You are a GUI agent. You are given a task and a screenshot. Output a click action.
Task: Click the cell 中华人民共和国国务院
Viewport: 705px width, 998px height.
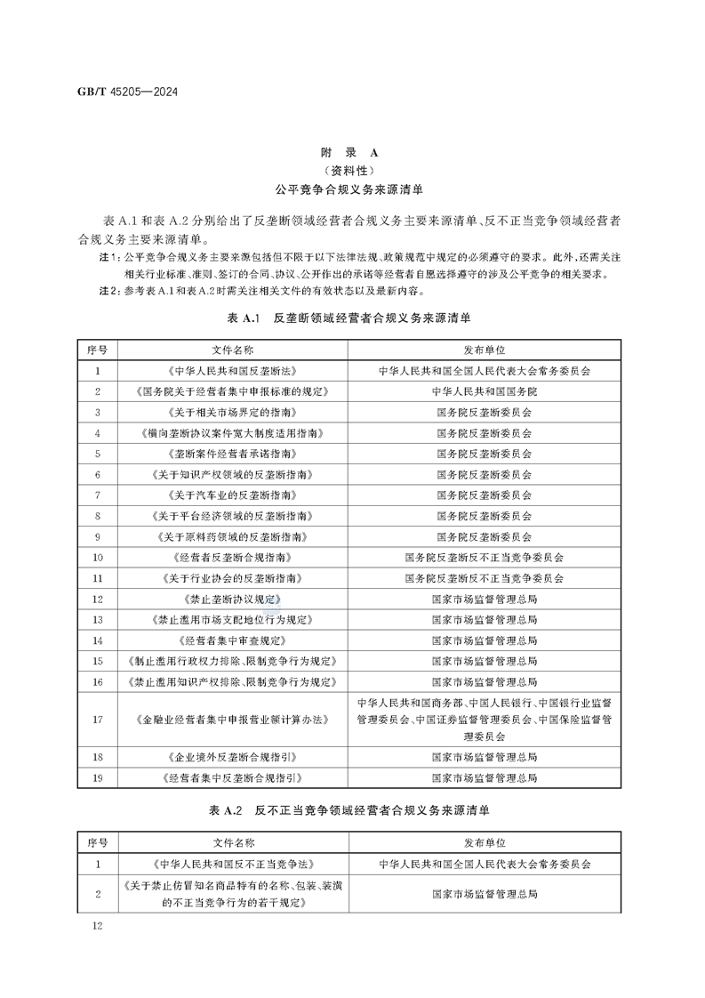(x=485, y=391)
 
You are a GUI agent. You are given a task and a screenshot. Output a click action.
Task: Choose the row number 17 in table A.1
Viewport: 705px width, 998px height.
(x=98, y=719)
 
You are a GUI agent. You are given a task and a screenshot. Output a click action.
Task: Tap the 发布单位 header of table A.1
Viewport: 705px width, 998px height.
(x=485, y=350)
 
